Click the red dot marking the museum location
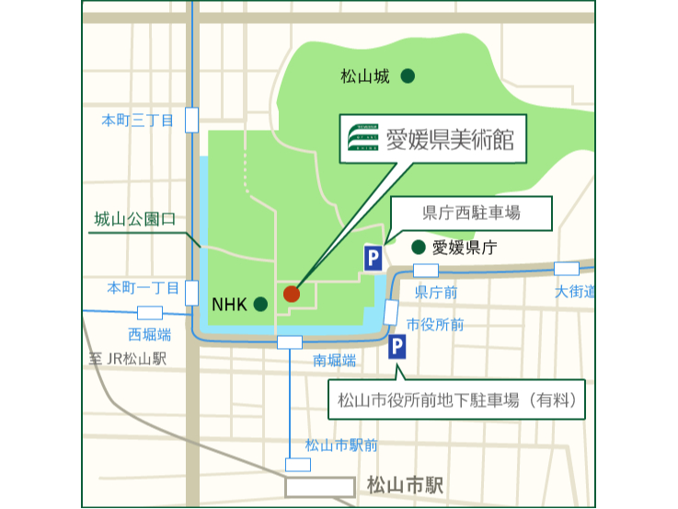[292, 294]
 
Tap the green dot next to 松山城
[408, 76]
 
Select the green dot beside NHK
[260, 303]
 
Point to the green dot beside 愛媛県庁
[419, 247]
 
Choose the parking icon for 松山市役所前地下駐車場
[396, 347]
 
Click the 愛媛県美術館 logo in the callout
[363, 140]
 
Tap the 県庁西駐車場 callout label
[472, 214]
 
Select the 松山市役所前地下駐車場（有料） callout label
[455, 400]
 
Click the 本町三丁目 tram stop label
[137, 120]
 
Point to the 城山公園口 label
[134, 219]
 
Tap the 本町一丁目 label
[139, 287]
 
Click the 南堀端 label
[335, 360]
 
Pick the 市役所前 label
[435, 324]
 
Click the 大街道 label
[574, 292]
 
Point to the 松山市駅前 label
[341, 445]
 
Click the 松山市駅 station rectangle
[319, 485]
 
